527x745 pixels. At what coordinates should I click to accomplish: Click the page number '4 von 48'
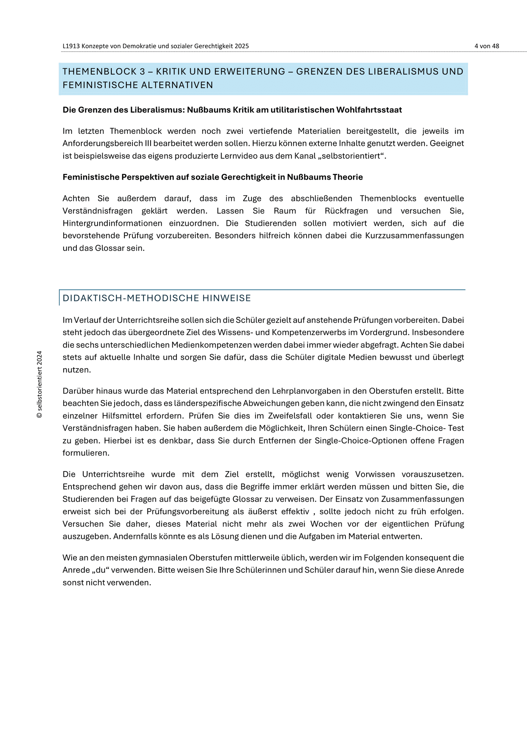(x=487, y=46)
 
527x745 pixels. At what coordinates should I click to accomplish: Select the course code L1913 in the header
(x=71, y=46)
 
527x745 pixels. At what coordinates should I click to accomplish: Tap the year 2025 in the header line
(x=242, y=46)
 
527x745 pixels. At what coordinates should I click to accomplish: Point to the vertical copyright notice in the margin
(x=40, y=385)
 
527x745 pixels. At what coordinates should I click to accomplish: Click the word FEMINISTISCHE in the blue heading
(x=97, y=85)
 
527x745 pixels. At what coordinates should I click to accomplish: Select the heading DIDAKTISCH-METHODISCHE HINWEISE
(x=157, y=298)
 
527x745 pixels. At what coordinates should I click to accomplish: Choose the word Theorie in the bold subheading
(x=349, y=177)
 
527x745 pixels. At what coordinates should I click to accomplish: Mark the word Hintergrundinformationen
(x=112, y=223)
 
